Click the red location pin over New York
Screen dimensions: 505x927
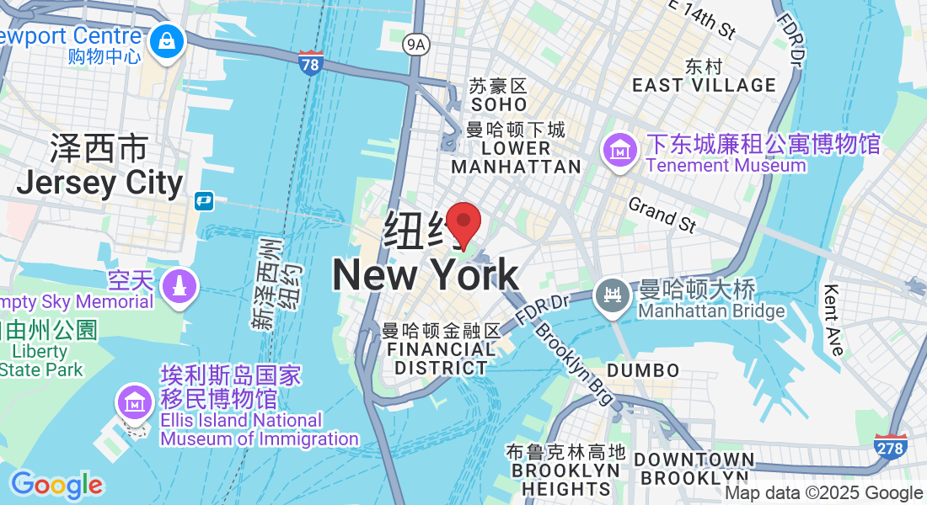[463, 224]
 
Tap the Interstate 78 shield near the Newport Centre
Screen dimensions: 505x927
[310, 62]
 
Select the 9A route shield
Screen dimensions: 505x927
[415, 44]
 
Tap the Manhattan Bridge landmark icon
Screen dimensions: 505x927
[612, 296]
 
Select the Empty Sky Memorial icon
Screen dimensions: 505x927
[178, 287]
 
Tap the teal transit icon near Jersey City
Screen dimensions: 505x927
[203, 201]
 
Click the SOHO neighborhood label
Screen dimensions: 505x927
[499, 104]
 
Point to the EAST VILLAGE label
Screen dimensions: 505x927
[704, 85]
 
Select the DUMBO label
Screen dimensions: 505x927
[643, 370]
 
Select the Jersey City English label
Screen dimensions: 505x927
[99, 183]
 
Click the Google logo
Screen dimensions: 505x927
[56, 485]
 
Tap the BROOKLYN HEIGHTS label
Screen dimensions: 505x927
[565, 479]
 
